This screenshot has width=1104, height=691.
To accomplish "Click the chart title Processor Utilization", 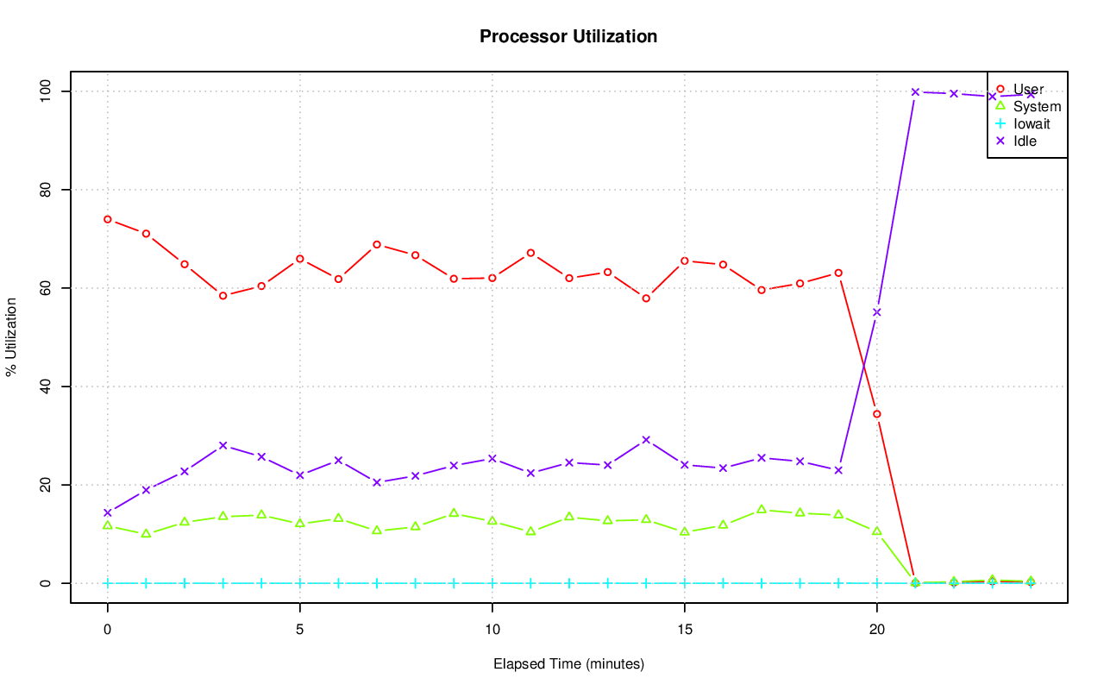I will coord(568,36).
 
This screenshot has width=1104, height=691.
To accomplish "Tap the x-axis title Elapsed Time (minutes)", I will coord(568,664).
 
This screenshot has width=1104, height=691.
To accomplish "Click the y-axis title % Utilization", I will coord(11,337).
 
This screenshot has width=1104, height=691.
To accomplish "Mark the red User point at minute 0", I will coord(107,219).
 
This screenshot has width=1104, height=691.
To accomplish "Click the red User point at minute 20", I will coord(876,414).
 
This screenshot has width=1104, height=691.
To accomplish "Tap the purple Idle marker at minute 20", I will coord(876,312).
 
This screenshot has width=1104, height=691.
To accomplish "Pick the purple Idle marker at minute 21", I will coord(915,91).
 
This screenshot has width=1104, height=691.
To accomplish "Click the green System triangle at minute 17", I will coord(761,509).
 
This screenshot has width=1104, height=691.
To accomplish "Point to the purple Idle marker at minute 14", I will coord(646,440).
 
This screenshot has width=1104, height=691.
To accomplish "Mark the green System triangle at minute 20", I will coord(876,531).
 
